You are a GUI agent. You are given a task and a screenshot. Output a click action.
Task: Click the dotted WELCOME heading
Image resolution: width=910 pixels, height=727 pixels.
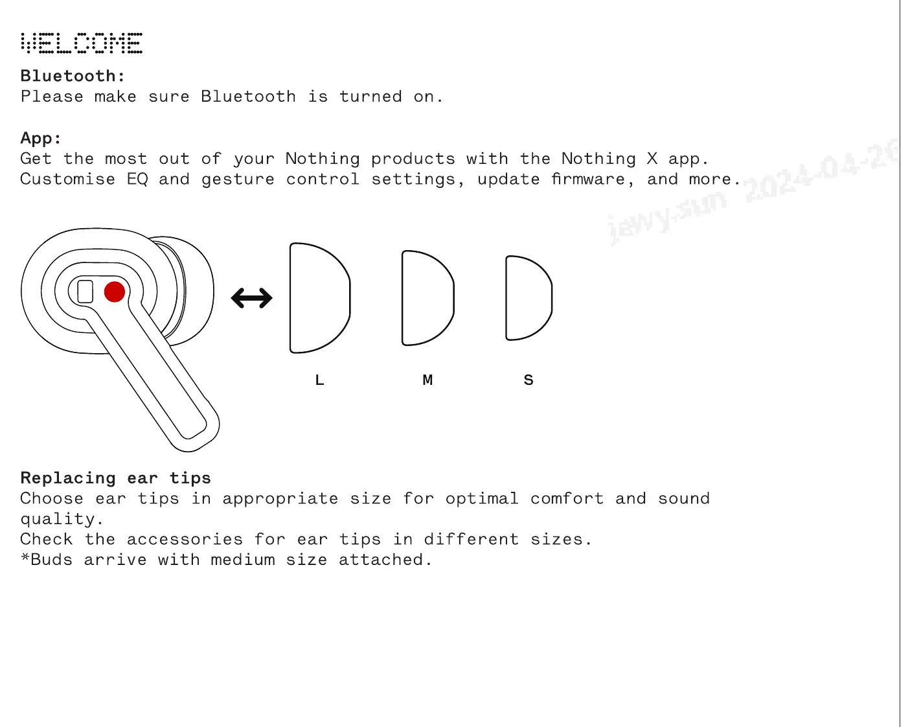click(82, 43)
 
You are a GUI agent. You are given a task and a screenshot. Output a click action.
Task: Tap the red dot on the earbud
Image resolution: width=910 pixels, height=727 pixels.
click(115, 292)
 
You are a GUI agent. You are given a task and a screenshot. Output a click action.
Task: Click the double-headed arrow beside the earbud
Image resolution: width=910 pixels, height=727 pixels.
click(252, 298)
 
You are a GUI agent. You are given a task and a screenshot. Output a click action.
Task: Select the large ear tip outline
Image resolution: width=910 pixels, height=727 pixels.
click(319, 298)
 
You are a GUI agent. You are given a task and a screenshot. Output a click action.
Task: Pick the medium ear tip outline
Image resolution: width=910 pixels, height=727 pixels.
click(427, 298)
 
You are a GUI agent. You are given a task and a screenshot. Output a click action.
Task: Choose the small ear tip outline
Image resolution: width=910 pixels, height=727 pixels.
click(529, 298)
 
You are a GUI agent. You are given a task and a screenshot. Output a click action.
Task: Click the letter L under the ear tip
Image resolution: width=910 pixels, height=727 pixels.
click(319, 380)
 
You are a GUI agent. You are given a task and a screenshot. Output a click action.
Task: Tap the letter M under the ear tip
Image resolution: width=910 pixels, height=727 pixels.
click(427, 380)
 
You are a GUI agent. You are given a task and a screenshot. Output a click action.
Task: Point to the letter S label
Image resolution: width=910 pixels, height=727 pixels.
click(529, 380)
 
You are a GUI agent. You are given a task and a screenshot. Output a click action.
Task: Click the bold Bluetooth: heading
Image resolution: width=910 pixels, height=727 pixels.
click(73, 76)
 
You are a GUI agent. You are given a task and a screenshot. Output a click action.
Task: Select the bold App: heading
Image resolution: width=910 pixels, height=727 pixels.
click(41, 138)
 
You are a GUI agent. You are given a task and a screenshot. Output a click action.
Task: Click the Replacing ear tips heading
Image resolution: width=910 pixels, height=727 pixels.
click(115, 478)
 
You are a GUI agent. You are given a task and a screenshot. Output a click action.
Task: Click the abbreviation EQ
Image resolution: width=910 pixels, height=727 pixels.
click(137, 179)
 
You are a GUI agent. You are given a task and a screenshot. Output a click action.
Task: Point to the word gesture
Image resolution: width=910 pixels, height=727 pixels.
click(238, 179)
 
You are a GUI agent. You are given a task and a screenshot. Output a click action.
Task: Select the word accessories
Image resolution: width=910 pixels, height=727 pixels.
click(185, 540)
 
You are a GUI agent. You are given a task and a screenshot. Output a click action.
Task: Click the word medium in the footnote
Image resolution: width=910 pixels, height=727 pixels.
click(243, 560)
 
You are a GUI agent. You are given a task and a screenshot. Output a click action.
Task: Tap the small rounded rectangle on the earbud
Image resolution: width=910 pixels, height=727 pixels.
click(85, 291)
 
